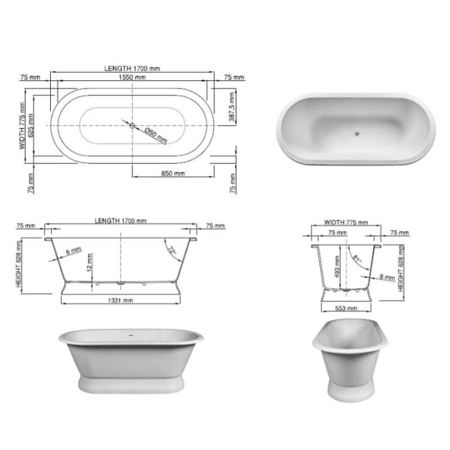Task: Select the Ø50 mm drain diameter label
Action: click(155, 134)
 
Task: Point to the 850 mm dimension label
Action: click(173, 174)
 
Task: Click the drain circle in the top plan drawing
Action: click(133, 125)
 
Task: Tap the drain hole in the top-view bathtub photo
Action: click(356, 134)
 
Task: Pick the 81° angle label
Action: click(356, 259)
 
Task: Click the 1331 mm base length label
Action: click(121, 301)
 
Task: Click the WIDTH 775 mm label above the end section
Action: click(346, 223)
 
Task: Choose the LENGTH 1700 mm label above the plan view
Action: click(132, 68)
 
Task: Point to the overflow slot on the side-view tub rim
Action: click(130, 336)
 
